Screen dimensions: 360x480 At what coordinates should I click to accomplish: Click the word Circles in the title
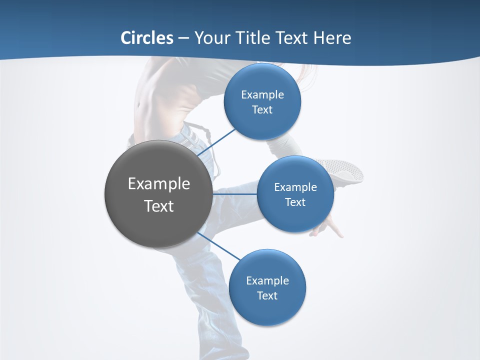click(x=147, y=38)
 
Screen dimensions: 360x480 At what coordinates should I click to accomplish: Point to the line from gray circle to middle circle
click(x=235, y=194)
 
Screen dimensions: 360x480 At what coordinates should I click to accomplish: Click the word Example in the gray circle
click(x=158, y=183)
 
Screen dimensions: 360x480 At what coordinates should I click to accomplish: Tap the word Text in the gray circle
click(x=158, y=206)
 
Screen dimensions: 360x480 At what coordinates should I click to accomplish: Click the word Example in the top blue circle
click(x=262, y=95)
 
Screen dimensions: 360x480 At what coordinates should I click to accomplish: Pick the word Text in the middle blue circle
click(x=295, y=202)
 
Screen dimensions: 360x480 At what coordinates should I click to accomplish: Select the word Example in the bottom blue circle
click(x=267, y=280)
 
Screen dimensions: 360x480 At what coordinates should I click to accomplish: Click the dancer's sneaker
click(x=345, y=170)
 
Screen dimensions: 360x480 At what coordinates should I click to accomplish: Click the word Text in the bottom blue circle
click(x=267, y=296)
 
